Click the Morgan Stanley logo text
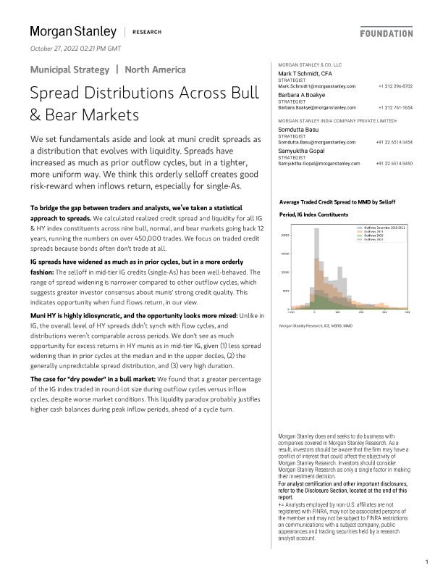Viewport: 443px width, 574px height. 72,31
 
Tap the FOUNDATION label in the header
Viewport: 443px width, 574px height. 386,33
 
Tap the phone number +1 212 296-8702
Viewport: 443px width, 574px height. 395,86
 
